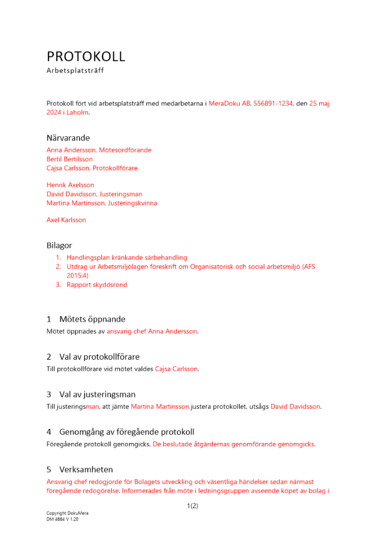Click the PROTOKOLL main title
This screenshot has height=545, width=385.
click(86, 56)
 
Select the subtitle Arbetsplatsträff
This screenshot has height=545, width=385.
click(75, 70)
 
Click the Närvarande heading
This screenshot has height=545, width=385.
click(68, 137)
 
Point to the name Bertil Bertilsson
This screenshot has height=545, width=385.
click(70, 159)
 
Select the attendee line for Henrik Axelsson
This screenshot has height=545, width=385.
click(70, 185)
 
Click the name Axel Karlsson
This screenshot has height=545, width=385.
click(66, 220)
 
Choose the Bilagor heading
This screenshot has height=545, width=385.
click(59, 245)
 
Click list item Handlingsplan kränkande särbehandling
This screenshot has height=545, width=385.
click(127, 257)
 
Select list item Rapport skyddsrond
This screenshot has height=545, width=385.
click(97, 284)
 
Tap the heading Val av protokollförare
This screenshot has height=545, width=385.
click(99, 356)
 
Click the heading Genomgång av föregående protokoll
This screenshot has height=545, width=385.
click(126, 432)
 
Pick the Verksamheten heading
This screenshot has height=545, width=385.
click(86, 469)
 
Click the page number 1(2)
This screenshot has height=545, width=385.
click(192, 506)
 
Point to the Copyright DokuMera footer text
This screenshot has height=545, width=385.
click(68, 513)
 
